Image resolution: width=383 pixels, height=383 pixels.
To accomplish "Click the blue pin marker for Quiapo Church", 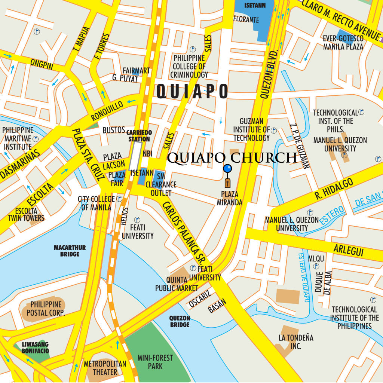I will (227, 169).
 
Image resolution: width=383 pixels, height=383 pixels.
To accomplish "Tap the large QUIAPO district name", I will (192, 91).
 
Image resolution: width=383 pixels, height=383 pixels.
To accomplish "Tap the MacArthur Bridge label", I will (70, 251).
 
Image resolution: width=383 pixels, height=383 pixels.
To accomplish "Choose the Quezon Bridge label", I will (180, 321).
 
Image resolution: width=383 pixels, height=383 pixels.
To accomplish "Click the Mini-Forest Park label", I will (155, 362).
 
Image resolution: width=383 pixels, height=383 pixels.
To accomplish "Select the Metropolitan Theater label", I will (105, 368).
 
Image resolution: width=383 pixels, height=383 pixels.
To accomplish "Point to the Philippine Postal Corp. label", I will (46, 309).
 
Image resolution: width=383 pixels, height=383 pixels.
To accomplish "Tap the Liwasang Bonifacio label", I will (35, 347).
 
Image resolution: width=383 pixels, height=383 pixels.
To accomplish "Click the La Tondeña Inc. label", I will (296, 342).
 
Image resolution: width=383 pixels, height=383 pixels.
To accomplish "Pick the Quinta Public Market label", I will (177, 284).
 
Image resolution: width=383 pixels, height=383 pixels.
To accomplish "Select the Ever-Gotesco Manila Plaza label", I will (343, 43).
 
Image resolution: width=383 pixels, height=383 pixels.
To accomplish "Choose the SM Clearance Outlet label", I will (161, 185).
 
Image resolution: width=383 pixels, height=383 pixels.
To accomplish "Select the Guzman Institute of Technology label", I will (251, 129).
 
